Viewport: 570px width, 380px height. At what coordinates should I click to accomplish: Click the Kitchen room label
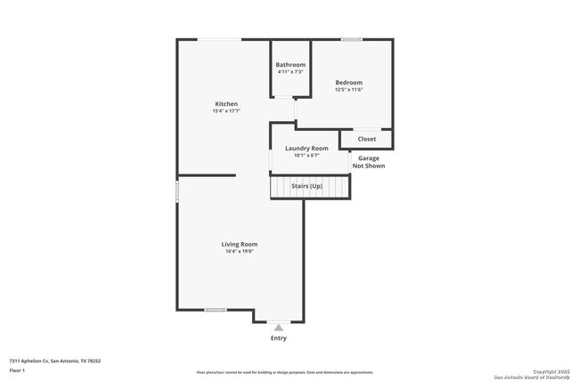click(x=225, y=104)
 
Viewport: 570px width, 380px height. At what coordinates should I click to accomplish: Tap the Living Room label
click(x=240, y=244)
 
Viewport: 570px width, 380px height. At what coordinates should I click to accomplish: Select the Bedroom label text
click(x=348, y=82)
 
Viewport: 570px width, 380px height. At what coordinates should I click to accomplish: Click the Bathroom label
click(x=290, y=64)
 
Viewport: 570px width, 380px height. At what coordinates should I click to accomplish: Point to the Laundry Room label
click(x=306, y=148)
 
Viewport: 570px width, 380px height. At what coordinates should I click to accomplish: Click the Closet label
click(x=367, y=139)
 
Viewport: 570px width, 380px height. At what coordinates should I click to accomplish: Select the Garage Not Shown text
click(x=369, y=162)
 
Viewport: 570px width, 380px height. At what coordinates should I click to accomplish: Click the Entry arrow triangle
click(x=279, y=327)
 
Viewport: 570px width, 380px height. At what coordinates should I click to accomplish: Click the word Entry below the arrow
click(x=279, y=338)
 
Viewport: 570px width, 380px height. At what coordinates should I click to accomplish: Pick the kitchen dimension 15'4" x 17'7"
click(x=225, y=111)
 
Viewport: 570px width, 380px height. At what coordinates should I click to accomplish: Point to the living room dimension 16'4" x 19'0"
click(x=240, y=251)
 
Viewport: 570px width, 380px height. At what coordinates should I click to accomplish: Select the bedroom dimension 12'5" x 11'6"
click(x=348, y=89)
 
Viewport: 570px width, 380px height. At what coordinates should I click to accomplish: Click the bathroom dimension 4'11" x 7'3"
click(x=290, y=71)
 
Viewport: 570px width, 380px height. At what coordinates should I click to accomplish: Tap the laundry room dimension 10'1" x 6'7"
click(x=306, y=155)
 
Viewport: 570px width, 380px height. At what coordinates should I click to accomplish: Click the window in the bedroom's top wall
click(x=352, y=39)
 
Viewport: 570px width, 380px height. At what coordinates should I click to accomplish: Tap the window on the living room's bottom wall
click(x=215, y=310)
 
